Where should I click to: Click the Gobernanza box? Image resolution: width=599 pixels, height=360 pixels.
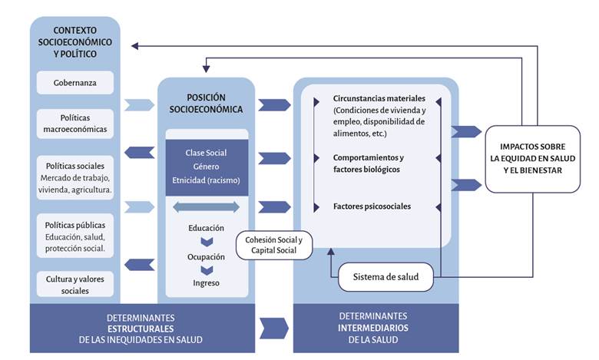pyautogui.click(x=74, y=82)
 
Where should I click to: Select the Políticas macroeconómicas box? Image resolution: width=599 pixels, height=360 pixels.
pyautogui.click(x=74, y=124)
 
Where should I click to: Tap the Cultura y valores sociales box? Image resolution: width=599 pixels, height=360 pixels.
pyautogui.click(x=74, y=284)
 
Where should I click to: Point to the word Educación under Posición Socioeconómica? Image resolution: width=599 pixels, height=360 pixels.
pyautogui.click(x=206, y=228)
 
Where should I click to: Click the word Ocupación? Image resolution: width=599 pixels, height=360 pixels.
pyautogui.click(x=206, y=256)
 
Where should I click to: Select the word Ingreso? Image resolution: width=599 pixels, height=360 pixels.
pyautogui.click(x=206, y=283)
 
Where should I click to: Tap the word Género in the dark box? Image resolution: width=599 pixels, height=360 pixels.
pyautogui.click(x=206, y=167)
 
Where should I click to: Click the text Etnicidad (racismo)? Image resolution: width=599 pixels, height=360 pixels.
pyautogui.click(x=206, y=181)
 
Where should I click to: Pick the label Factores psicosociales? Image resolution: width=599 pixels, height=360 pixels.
pyautogui.click(x=372, y=206)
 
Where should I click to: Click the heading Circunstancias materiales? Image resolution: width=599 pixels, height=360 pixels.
pyautogui.click(x=379, y=98)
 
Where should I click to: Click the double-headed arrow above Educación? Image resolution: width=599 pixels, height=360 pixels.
pyautogui.click(x=206, y=207)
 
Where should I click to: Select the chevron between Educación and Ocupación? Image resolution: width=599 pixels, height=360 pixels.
pyautogui.click(x=206, y=243)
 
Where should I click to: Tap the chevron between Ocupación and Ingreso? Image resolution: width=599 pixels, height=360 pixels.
pyautogui.click(x=206, y=270)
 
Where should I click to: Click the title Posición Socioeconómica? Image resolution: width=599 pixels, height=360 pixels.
pyautogui.click(x=206, y=103)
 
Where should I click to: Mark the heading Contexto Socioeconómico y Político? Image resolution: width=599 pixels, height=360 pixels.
pyautogui.click(x=74, y=43)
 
